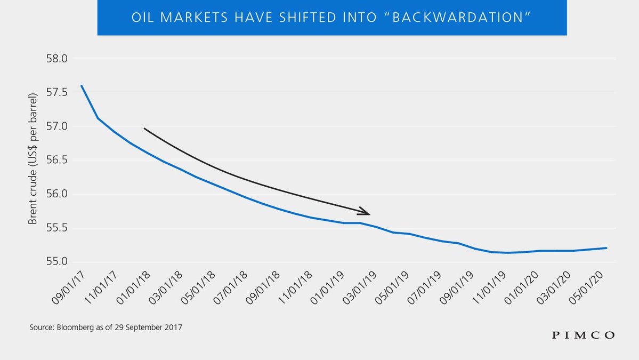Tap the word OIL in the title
click(x=144, y=18)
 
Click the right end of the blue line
click(x=607, y=248)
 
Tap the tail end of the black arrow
click(x=144, y=128)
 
